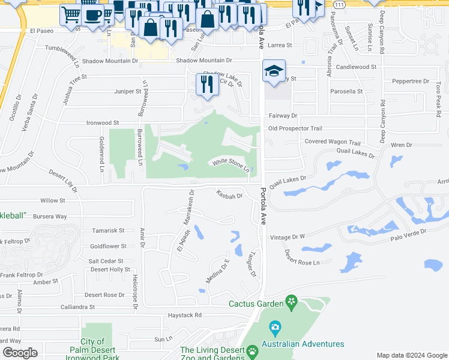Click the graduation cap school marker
point(273,71)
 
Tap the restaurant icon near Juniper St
point(207,85)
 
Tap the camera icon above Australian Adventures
point(276,328)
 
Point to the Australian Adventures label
point(307,344)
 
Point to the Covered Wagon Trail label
point(333,143)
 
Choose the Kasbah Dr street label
point(229,195)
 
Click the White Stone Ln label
point(230,165)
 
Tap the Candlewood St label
point(357,67)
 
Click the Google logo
point(20,353)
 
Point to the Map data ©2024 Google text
point(411,355)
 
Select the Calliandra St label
point(77,307)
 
